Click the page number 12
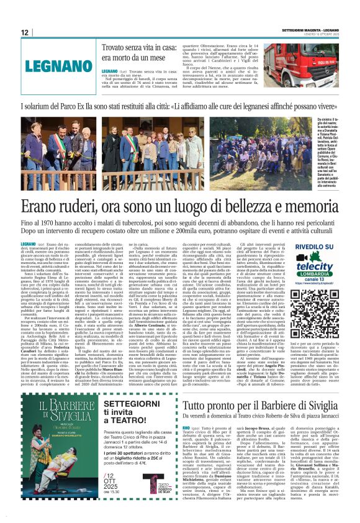(x=25, y=32)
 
